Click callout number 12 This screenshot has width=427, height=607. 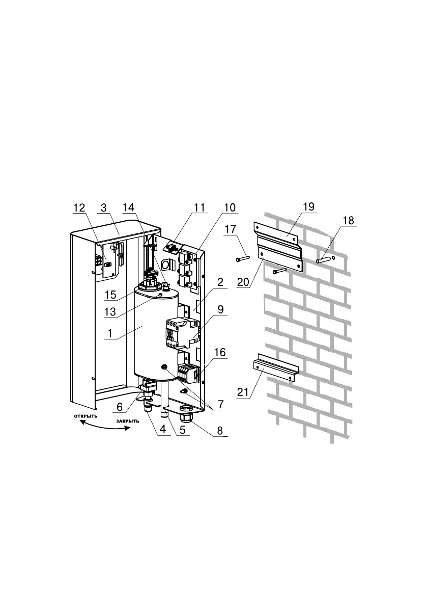click(x=79, y=208)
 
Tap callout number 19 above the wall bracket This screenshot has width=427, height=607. click(x=308, y=206)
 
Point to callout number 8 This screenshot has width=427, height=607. click(x=220, y=430)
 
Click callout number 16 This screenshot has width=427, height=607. click(x=220, y=352)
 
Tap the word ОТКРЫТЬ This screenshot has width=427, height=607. click(x=86, y=416)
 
